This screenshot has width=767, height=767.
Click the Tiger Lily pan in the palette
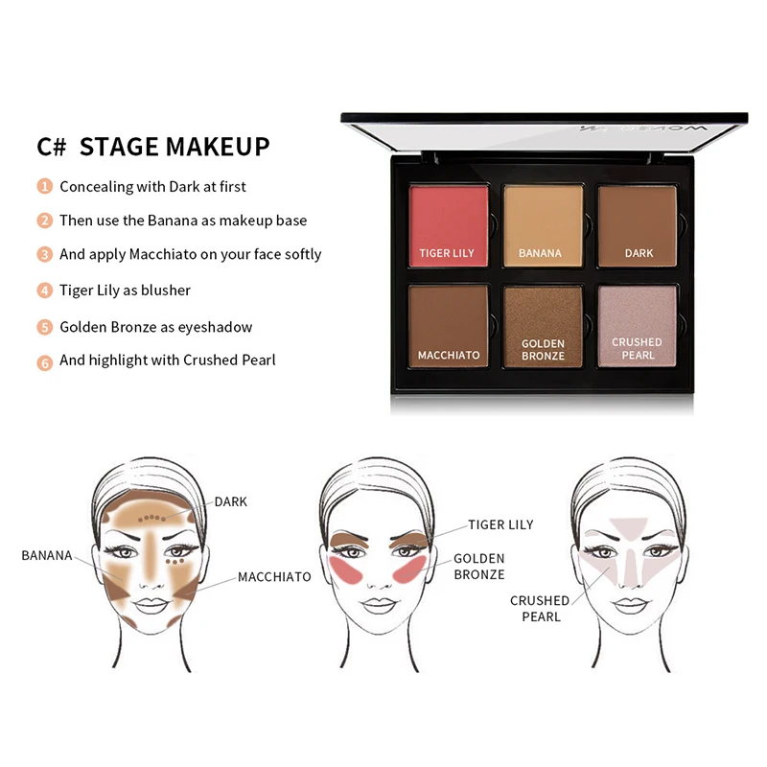tap(447, 225)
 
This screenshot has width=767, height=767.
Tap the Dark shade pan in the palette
tap(639, 225)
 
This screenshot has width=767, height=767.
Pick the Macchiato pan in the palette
tap(447, 326)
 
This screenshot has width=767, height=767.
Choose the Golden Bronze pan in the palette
tap(543, 326)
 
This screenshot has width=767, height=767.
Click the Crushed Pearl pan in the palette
tap(638, 326)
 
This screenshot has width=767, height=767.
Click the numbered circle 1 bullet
tap(45, 186)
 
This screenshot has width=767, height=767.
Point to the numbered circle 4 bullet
tap(45, 291)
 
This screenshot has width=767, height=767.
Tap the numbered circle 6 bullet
tap(45, 361)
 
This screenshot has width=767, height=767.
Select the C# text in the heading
tap(50, 147)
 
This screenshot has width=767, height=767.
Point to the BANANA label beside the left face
tap(47, 555)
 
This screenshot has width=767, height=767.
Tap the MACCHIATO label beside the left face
tap(274, 577)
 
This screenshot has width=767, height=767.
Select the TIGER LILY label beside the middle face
tap(500, 524)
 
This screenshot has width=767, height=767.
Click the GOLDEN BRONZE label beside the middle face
tap(478, 567)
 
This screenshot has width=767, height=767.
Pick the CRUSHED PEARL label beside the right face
tap(539, 608)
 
